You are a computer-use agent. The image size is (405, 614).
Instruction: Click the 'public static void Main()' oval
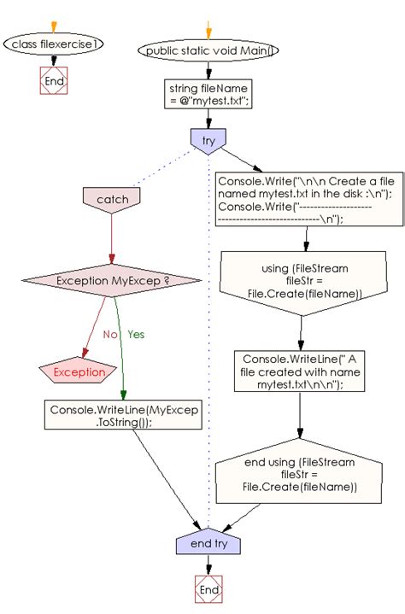point(208,50)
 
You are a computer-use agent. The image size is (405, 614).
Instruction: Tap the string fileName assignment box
point(208,96)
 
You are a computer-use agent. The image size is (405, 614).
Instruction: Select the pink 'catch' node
point(112,199)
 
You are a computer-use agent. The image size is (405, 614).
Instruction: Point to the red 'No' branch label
point(109,335)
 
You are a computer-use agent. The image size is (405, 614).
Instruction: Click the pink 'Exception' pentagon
point(79,371)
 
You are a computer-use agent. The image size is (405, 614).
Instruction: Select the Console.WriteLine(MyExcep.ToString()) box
point(124,416)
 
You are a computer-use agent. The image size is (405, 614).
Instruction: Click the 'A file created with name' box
point(300,371)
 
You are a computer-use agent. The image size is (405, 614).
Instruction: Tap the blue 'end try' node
point(208,544)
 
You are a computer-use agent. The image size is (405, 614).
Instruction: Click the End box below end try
point(208,589)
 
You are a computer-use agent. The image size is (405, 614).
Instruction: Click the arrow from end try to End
point(208,566)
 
